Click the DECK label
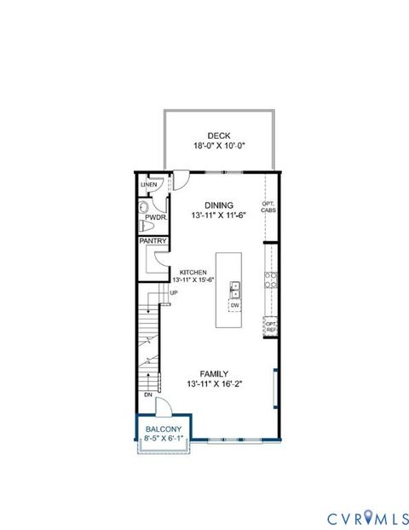pos(218,135)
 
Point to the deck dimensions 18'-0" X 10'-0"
pos(218,146)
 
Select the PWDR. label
pos(154,218)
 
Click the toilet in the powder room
pos(145,207)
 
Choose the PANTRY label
pos(153,241)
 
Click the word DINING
pos(218,205)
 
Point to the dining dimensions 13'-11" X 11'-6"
pos(218,216)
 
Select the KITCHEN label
pos(193,272)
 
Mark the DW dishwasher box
pos(235,304)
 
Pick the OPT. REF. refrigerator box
pos(270,325)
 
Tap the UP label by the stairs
pos(173,294)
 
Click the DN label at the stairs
pos(147,395)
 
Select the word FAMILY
pos(213,373)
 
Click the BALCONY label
pos(162,429)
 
